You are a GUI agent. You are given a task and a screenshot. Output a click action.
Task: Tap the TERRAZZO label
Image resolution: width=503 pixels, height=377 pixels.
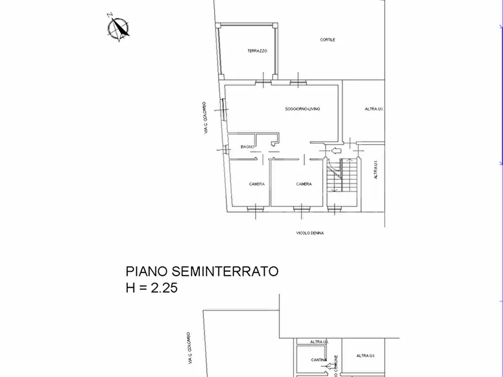coord(257,51)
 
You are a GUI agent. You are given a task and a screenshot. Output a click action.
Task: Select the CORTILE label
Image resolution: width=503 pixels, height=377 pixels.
coord(327,40)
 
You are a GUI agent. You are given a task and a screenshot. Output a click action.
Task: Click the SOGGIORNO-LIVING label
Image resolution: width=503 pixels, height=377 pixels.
coord(302,109)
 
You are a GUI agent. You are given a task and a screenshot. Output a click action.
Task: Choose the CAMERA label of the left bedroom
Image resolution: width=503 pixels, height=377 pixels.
coord(257,184)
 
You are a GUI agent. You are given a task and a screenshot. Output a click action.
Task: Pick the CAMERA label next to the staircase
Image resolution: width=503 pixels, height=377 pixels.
coord(304,184)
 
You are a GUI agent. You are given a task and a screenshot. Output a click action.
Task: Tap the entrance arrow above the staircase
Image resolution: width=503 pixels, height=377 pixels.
coord(336,150)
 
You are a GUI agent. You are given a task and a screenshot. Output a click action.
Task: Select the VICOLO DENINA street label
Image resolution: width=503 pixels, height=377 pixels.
coord(310,233)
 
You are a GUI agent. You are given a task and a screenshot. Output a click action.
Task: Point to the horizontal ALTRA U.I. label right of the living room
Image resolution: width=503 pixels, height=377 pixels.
coord(374,109)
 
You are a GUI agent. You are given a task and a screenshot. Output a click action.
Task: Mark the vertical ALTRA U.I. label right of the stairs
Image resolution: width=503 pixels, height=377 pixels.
coord(376,169)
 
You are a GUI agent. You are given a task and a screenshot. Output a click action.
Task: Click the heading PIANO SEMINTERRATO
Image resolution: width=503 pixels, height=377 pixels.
coord(202,271)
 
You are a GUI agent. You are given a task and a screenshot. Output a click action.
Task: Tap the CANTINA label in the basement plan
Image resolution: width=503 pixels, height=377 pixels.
coord(318,360)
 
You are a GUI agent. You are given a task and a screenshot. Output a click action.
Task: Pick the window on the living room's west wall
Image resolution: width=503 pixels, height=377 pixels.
coord(224,108)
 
